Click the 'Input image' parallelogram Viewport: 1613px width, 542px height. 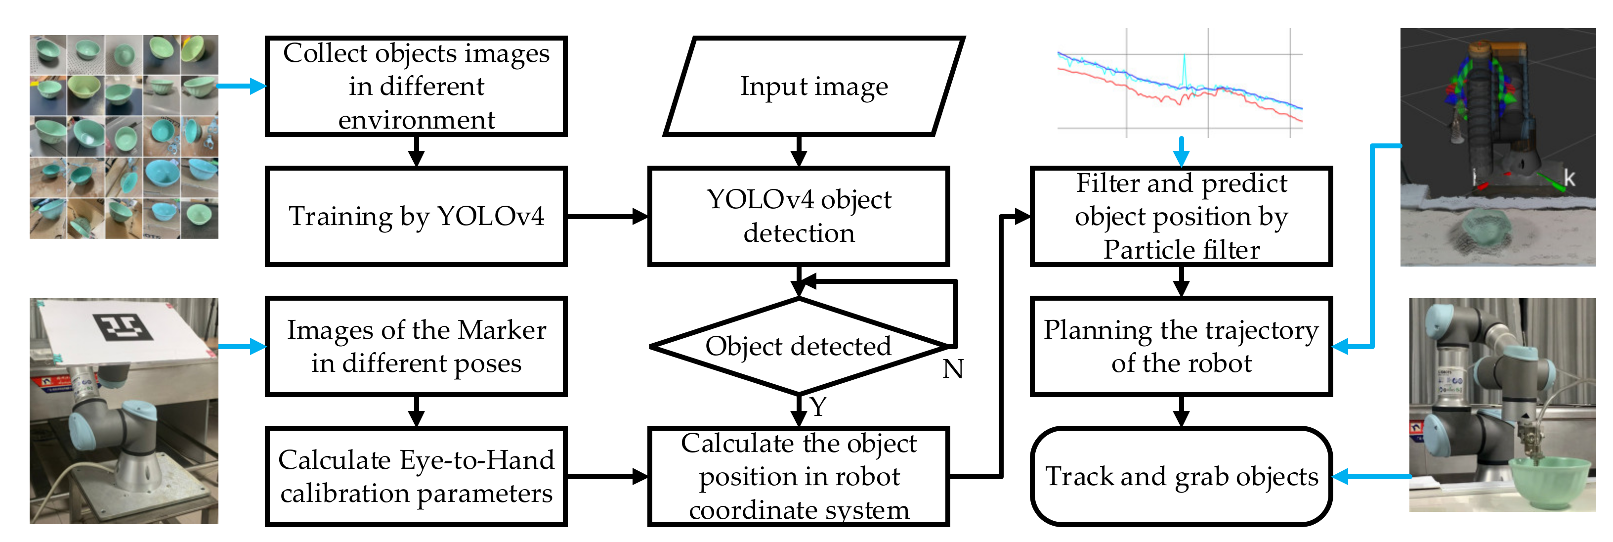[814, 87]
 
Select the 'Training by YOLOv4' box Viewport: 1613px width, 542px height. [417, 216]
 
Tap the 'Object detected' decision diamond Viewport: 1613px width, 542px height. [799, 346]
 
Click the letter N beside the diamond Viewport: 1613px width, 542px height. [952, 368]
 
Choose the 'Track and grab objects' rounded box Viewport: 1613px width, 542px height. [1181, 476]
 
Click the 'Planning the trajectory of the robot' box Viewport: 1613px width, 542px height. [1181, 346]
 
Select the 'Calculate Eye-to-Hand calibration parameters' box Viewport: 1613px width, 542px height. [417, 476]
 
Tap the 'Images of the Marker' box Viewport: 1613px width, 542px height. [417, 346]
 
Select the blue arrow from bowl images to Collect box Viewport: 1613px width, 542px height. [241, 87]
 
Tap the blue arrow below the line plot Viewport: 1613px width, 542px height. [1181, 151]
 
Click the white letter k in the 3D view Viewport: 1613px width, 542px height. [1569, 178]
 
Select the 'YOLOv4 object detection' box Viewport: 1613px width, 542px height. [799, 216]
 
